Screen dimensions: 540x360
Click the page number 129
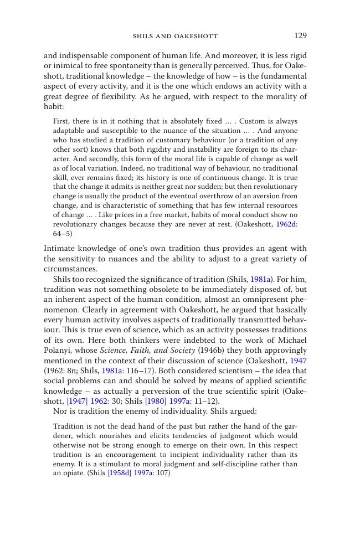(x=300, y=36)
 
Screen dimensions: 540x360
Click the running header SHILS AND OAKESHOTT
(x=175, y=37)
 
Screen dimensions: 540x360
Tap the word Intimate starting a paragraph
(x=60, y=249)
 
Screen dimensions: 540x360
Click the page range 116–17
(x=140, y=371)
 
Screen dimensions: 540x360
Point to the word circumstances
(x=70, y=269)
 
